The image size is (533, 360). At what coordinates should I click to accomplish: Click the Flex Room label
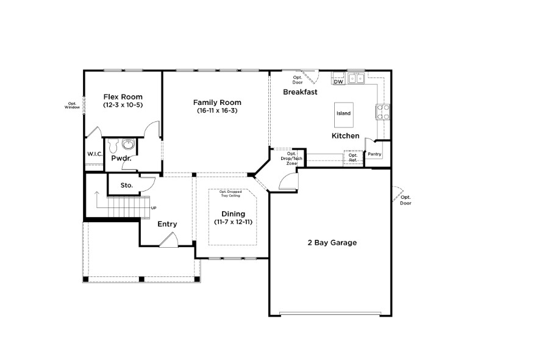123,96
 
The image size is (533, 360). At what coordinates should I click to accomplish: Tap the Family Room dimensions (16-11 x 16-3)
217,110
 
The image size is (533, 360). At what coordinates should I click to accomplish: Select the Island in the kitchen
343,113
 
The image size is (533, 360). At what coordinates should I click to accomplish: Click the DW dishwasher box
338,81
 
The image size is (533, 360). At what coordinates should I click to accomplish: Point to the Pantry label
374,154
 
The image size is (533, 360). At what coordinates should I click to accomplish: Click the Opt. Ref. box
353,157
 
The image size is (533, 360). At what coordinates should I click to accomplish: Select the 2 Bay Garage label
332,242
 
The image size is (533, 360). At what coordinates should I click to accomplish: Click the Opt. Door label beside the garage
406,200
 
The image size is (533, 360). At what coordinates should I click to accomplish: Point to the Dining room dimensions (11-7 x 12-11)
233,222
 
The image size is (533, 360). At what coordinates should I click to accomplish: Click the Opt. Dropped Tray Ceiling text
230,194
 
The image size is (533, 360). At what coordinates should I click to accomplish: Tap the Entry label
167,224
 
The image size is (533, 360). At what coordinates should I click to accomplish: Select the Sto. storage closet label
126,185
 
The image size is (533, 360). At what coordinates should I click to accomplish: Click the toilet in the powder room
113,146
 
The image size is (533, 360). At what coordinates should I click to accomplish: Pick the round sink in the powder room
128,145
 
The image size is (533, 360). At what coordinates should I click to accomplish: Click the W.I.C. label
94,154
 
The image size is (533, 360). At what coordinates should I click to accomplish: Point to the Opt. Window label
73,106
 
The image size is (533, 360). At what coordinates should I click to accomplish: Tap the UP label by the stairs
153,208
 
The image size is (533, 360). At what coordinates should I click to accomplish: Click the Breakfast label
300,92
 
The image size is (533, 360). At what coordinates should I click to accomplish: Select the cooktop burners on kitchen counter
383,112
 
